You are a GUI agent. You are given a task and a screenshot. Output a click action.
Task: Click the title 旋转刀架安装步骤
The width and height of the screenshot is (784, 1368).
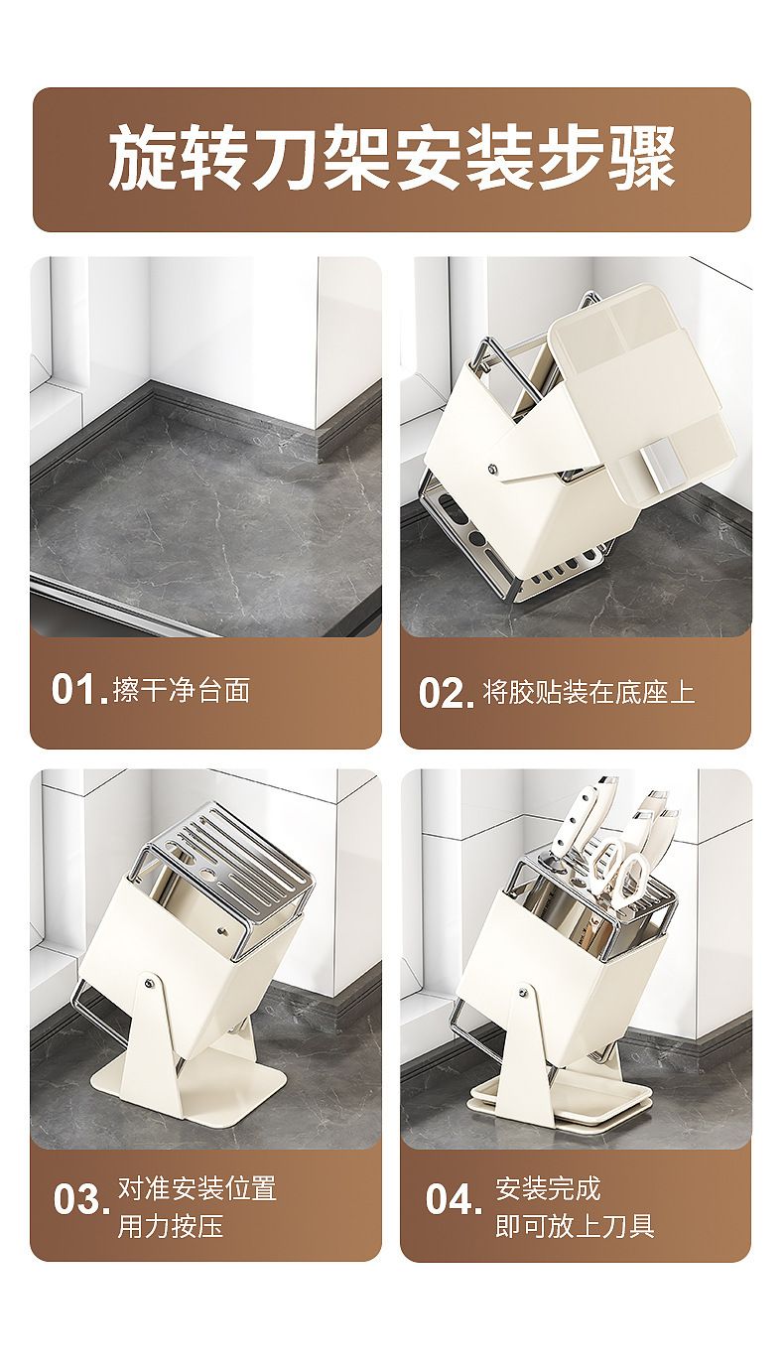(392, 159)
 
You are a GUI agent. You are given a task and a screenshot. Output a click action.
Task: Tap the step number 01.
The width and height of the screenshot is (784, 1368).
(79, 690)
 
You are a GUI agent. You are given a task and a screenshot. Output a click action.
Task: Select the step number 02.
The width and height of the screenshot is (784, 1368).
(447, 693)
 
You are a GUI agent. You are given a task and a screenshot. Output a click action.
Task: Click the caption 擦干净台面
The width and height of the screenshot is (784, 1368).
(182, 690)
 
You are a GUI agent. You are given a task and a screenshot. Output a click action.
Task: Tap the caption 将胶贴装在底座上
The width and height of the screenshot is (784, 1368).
(588, 693)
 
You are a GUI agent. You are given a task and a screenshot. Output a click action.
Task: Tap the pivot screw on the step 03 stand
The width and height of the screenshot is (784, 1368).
(149, 983)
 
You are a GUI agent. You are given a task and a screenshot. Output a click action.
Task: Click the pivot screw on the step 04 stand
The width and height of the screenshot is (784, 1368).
(523, 988)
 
